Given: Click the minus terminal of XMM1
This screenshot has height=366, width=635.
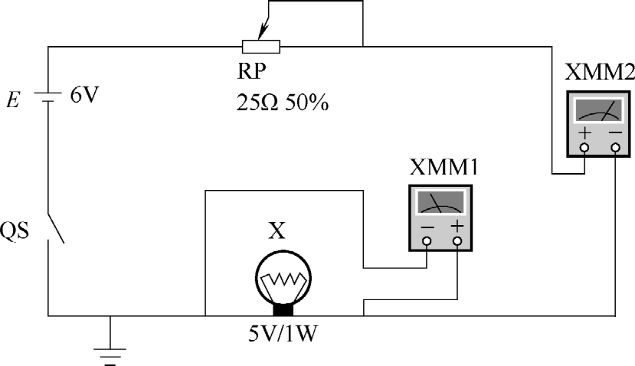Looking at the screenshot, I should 427,241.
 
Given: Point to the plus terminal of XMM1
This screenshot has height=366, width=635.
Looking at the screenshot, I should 457,241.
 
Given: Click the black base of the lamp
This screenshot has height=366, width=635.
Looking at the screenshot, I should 283,309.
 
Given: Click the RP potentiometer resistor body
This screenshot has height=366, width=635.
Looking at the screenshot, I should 260,47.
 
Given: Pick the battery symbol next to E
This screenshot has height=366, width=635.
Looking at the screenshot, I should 49,98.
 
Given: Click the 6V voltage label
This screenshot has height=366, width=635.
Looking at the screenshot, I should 84,98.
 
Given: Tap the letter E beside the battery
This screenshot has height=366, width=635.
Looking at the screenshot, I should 14,98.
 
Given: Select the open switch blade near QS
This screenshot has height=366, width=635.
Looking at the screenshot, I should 55,228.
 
